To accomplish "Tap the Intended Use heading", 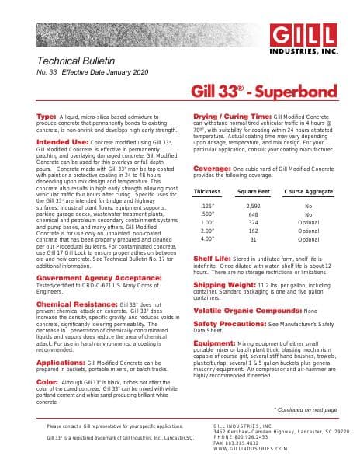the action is [x=62, y=143].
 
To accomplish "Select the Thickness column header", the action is [x=207, y=191].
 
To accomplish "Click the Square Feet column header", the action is [x=253, y=191].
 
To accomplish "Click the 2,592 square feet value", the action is [x=253, y=206].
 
